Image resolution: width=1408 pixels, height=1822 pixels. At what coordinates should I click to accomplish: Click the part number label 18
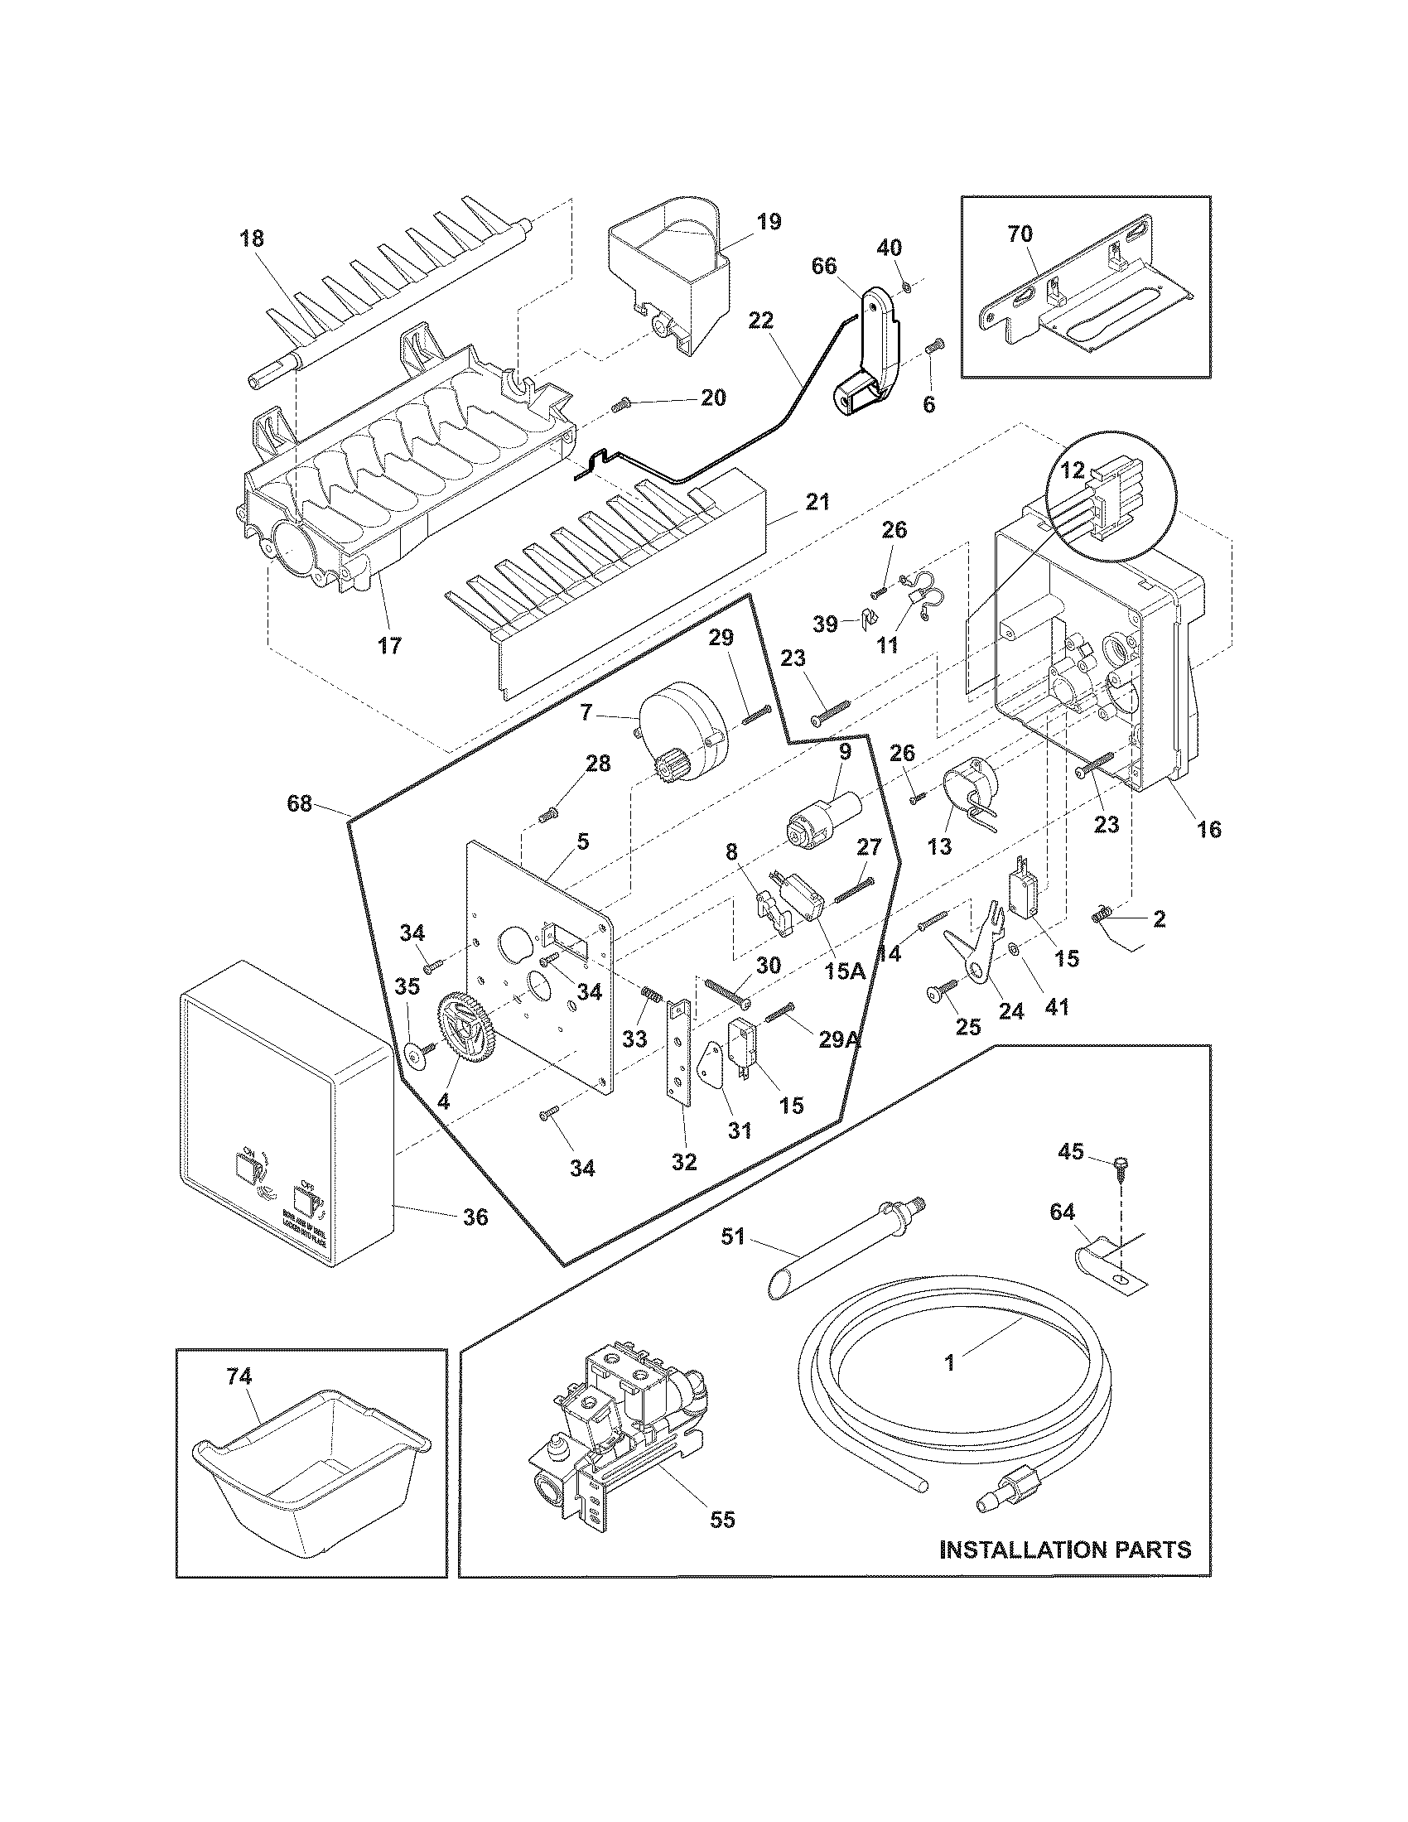[x=251, y=239]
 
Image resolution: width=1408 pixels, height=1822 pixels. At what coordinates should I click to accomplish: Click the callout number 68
[x=300, y=803]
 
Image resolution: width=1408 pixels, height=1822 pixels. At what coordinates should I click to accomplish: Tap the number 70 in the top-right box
[x=1020, y=234]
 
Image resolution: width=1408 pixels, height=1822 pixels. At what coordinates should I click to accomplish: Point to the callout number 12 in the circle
[x=1073, y=470]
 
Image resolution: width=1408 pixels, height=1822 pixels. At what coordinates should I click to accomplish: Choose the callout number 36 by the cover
[x=475, y=1217]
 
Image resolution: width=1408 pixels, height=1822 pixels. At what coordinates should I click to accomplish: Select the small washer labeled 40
[x=908, y=289]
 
